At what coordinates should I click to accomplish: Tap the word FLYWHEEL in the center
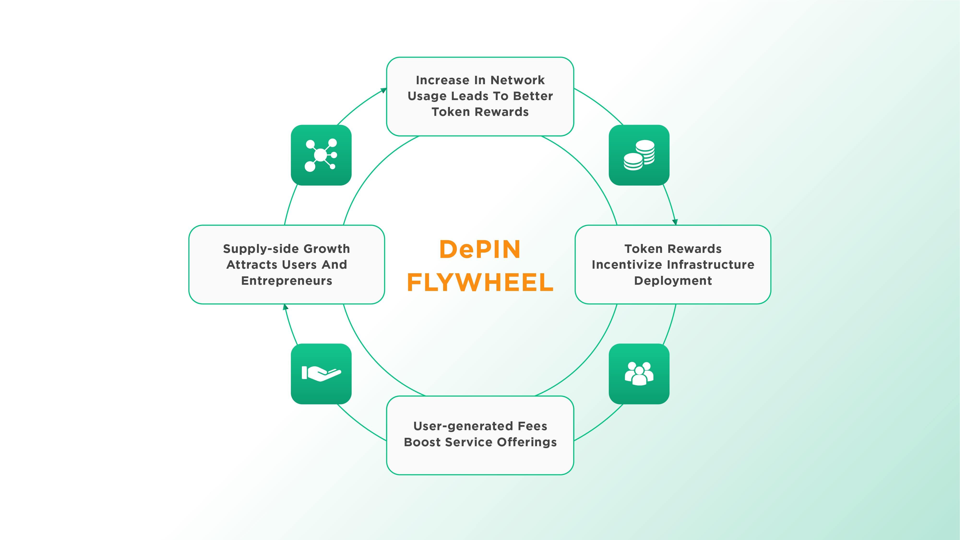pos(480,283)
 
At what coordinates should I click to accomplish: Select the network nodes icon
pos(321,155)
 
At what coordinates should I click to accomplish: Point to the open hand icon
pos(321,374)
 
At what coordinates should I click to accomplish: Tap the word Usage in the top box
pos(427,96)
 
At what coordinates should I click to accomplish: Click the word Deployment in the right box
pos(673,281)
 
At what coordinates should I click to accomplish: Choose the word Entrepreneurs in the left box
pos(286,281)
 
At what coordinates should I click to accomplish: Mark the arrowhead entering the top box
pos(383,90)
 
